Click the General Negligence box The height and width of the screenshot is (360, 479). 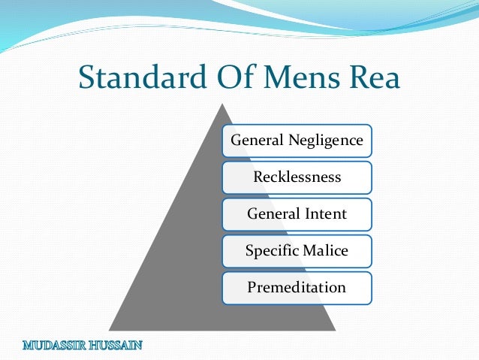[x=297, y=141]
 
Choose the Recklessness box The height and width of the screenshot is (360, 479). [x=297, y=177]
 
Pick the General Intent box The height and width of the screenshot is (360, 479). [x=297, y=214]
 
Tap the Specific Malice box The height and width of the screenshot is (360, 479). [x=297, y=251]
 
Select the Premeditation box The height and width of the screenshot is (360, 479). [x=297, y=288]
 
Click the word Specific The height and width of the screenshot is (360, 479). [x=271, y=251]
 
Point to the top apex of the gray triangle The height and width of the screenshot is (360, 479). [x=222, y=104]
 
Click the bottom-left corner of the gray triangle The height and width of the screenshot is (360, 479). [x=110, y=329]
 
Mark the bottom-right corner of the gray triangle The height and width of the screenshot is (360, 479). [x=334, y=329]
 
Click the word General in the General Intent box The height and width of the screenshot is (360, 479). [x=268, y=214]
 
